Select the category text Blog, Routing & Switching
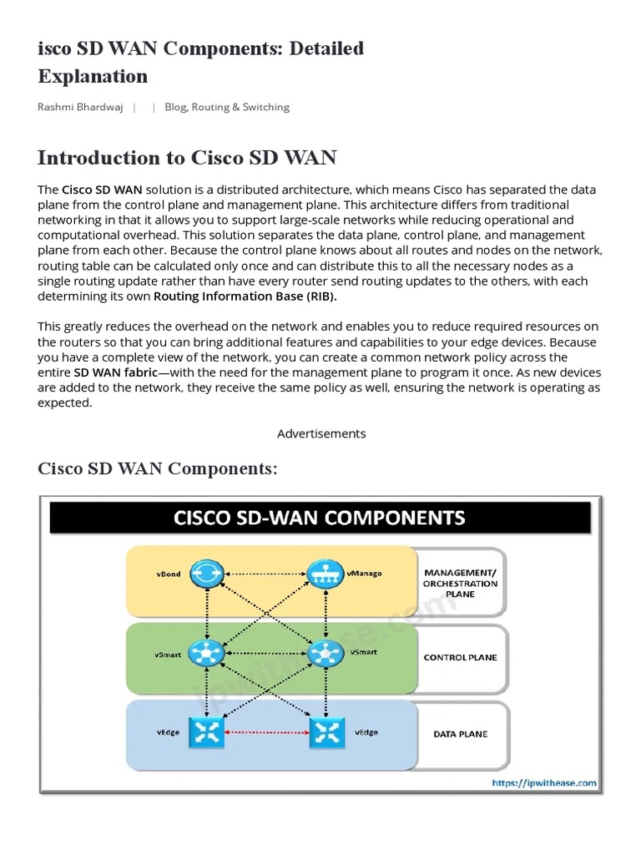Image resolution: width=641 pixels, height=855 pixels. click(x=227, y=107)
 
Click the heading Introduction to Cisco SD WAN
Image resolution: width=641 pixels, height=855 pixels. click(x=187, y=158)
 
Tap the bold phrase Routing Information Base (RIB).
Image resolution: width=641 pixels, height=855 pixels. click(x=245, y=296)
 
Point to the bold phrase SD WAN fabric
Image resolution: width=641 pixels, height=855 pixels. click(x=109, y=372)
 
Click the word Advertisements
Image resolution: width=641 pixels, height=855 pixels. click(x=321, y=433)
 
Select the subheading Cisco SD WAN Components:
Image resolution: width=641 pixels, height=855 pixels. click(x=158, y=468)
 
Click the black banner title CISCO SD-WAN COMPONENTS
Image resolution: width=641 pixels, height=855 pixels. click(x=320, y=518)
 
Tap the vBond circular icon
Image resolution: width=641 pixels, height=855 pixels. click(x=203, y=574)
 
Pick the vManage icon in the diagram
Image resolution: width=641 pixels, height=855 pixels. click(x=320, y=574)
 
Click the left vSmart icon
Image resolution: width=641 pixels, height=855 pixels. click(x=203, y=654)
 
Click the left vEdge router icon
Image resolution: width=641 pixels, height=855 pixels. click(x=203, y=733)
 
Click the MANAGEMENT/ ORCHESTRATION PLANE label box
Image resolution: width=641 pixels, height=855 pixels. click(x=460, y=583)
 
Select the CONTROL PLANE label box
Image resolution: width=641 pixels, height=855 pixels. click(x=460, y=657)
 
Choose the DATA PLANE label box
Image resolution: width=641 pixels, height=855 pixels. click(x=460, y=734)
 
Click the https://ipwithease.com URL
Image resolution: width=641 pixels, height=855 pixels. click(x=543, y=782)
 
